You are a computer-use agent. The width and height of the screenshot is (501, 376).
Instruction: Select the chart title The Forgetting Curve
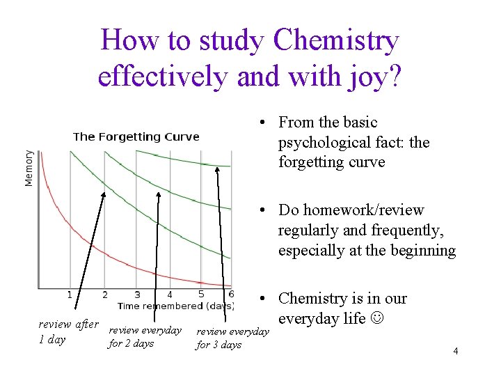[x=136, y=136]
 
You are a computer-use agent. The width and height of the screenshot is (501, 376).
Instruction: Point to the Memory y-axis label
[x=29, y=167]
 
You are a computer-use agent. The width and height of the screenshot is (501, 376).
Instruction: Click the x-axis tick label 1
[x=70, y=295]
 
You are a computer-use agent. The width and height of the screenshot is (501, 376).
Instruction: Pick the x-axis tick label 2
[x=105, y=295]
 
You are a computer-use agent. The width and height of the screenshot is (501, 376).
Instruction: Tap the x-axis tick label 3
[x=137, y=295]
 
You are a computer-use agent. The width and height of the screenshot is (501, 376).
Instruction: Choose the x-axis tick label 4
[x=170, y=295]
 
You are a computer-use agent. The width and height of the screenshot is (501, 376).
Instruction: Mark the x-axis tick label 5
[x=201, y=294]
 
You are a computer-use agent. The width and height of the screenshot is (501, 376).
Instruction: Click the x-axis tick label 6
[x=231, y=294]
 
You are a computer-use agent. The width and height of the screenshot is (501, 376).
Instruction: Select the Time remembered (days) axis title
[x=175, y=306]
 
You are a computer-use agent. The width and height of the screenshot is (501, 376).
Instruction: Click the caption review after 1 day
[x=68, y=332]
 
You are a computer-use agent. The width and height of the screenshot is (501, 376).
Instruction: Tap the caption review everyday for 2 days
[x=145, y=336]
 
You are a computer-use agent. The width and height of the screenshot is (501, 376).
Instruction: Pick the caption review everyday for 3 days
[x=232, y=338]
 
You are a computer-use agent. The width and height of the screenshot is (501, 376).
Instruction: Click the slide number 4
[x=455, y=351]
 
